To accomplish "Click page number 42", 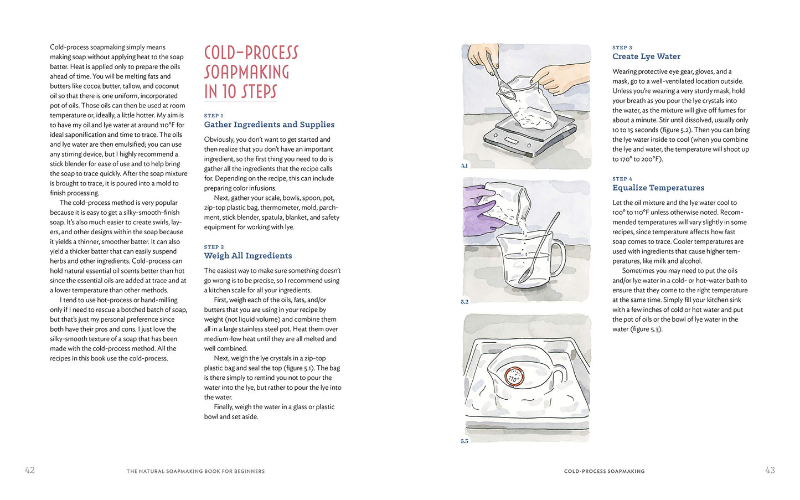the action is [x=30, y=470].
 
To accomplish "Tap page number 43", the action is [x=770, y=470].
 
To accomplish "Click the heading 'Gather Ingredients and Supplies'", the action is [x=269, y=124].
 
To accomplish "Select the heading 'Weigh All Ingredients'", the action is [x=248, y=256].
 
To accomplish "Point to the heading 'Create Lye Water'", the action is [x=647, y=56].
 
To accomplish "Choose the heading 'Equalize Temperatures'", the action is [x=658, y=188].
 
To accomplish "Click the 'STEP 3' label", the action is [x=622, y=48].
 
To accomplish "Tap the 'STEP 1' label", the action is [x=214, y=116].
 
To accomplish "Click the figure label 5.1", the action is [x=464, y=166].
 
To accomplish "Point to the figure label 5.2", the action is [x=464, y=302].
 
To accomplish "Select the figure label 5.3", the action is [x=464, y=441].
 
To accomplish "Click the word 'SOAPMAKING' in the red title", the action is [x=247, y=72].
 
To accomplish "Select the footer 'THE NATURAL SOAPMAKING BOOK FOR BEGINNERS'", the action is [x=196, y=471].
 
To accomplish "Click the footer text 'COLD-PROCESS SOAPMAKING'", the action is [x=604, y=471].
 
